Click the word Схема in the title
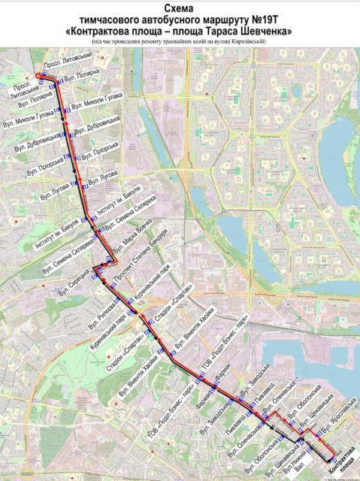[x=179, y=7]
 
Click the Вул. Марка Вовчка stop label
[x=132, y=234]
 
